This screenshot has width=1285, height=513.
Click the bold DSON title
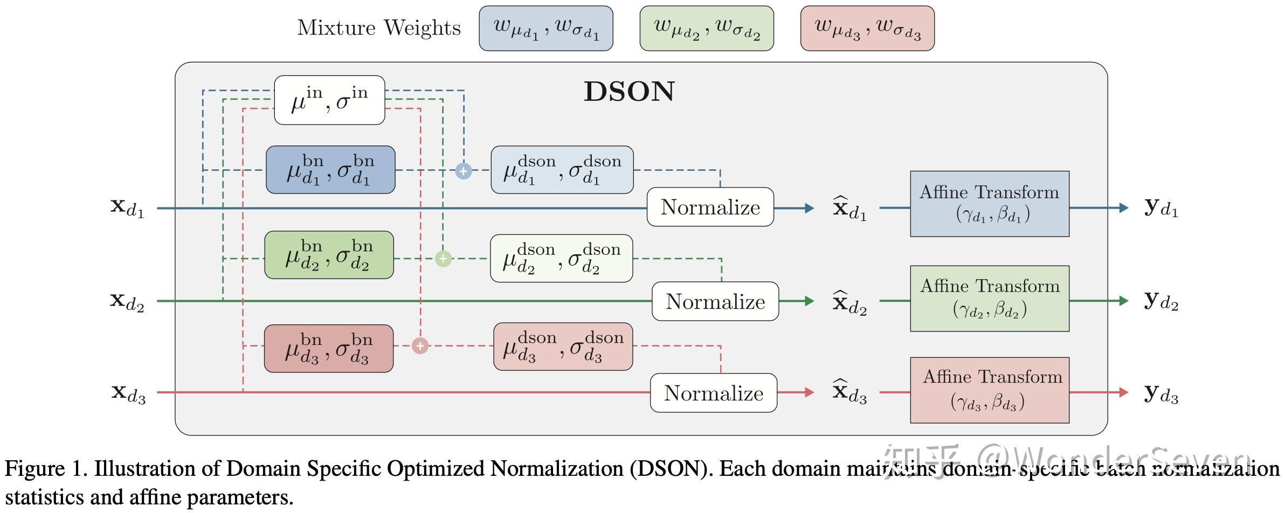click(629, 92)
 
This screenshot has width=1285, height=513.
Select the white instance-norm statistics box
click(329, 100)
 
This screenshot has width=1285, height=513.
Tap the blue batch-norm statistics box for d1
click(330, 170)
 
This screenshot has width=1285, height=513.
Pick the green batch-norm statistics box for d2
click(329, 255)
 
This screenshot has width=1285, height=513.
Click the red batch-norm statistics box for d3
click(328, 348)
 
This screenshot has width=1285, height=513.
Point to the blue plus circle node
click(464, 171)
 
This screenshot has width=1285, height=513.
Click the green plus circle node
click(443, 259)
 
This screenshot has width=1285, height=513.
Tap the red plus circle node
click(420, 345)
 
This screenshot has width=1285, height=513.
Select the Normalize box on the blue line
click(710, 207)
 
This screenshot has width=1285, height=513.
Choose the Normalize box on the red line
click(713, 393)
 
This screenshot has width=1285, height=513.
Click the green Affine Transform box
click(989, 298)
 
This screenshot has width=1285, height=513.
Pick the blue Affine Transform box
click(989, 204)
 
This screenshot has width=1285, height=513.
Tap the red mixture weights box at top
click(867, 29)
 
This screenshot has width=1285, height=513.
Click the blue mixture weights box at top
click(545, 29)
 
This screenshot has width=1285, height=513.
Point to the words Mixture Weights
click(379, 28)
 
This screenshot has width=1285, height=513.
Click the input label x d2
click(127, 301)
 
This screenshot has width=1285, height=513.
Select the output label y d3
click(1161, 394)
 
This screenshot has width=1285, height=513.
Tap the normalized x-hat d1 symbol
click(849, 209)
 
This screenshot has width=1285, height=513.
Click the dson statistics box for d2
click(561, 258)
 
